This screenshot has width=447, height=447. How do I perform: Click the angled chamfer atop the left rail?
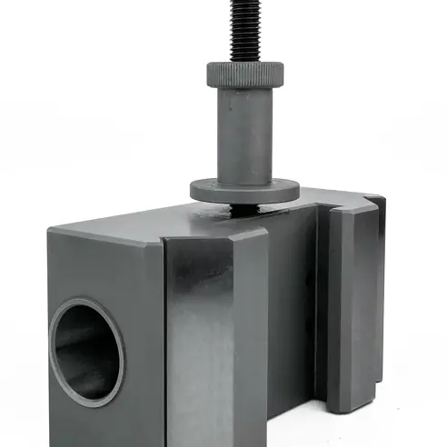[x=218, y=238]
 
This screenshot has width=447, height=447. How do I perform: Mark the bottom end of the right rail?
[x=351, y=406]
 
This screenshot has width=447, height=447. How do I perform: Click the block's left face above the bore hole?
[x=100, y=268]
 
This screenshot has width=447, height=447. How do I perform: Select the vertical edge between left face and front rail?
[x=164, y=345]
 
